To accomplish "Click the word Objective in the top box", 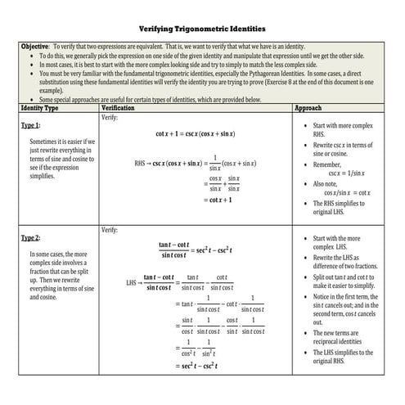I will pyautogui.click(x=34, y=47).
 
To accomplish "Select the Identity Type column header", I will pyautogui.click(x=39, y=108).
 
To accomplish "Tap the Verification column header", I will pyautogui.click(x=117, y=108).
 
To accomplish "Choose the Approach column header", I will pyautogui.click(x=308, y=108).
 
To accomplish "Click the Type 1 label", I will pyautogui.click(x=30, y=126).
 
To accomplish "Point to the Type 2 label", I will pyautogui.click(x=30, y=238).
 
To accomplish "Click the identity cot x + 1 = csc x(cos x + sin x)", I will pyautogui.click(x=195, y=133).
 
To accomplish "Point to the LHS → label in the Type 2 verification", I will pyautogui.click(x=133, y=283).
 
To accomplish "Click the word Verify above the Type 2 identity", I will pyautogui.click(x=110, y=231).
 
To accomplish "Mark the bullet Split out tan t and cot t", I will pyautogui.click(x=344, y=281).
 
